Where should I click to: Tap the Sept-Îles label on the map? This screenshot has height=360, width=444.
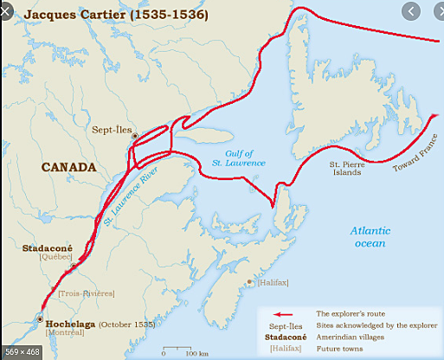pos(112,128)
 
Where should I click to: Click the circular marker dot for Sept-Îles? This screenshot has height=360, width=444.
pos(133,137)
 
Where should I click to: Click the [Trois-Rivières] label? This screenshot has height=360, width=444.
pos(86,293)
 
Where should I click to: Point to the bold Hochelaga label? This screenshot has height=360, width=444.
pos(69,324)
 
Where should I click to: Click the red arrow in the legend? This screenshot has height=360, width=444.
pos(286,315)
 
